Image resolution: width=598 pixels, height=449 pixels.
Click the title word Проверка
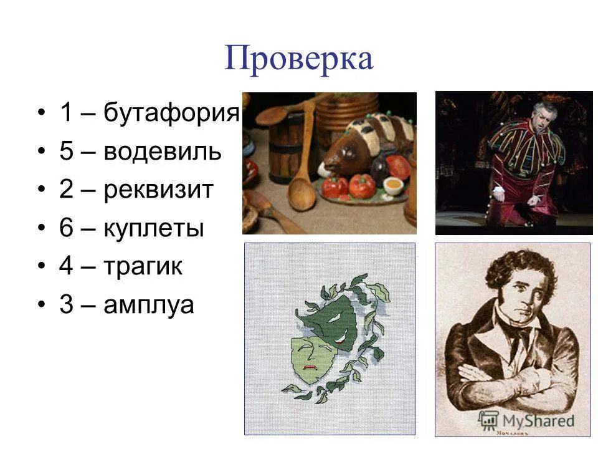(298, 59)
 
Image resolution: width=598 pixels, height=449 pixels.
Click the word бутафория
(172, 113)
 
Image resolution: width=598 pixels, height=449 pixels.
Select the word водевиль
(162, 152)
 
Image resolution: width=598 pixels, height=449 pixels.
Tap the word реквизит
(158, 190)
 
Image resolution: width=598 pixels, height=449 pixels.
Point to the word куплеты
(154, 229)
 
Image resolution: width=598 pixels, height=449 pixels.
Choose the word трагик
(143, 268)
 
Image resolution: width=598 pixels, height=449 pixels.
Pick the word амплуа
(149, 306)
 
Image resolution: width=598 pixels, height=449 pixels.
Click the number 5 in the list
(67, 152)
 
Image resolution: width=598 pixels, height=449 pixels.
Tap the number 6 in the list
(67, 229)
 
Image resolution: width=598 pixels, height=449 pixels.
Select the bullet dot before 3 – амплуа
(42, 306)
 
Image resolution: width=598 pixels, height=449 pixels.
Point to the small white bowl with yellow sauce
(393, 185)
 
